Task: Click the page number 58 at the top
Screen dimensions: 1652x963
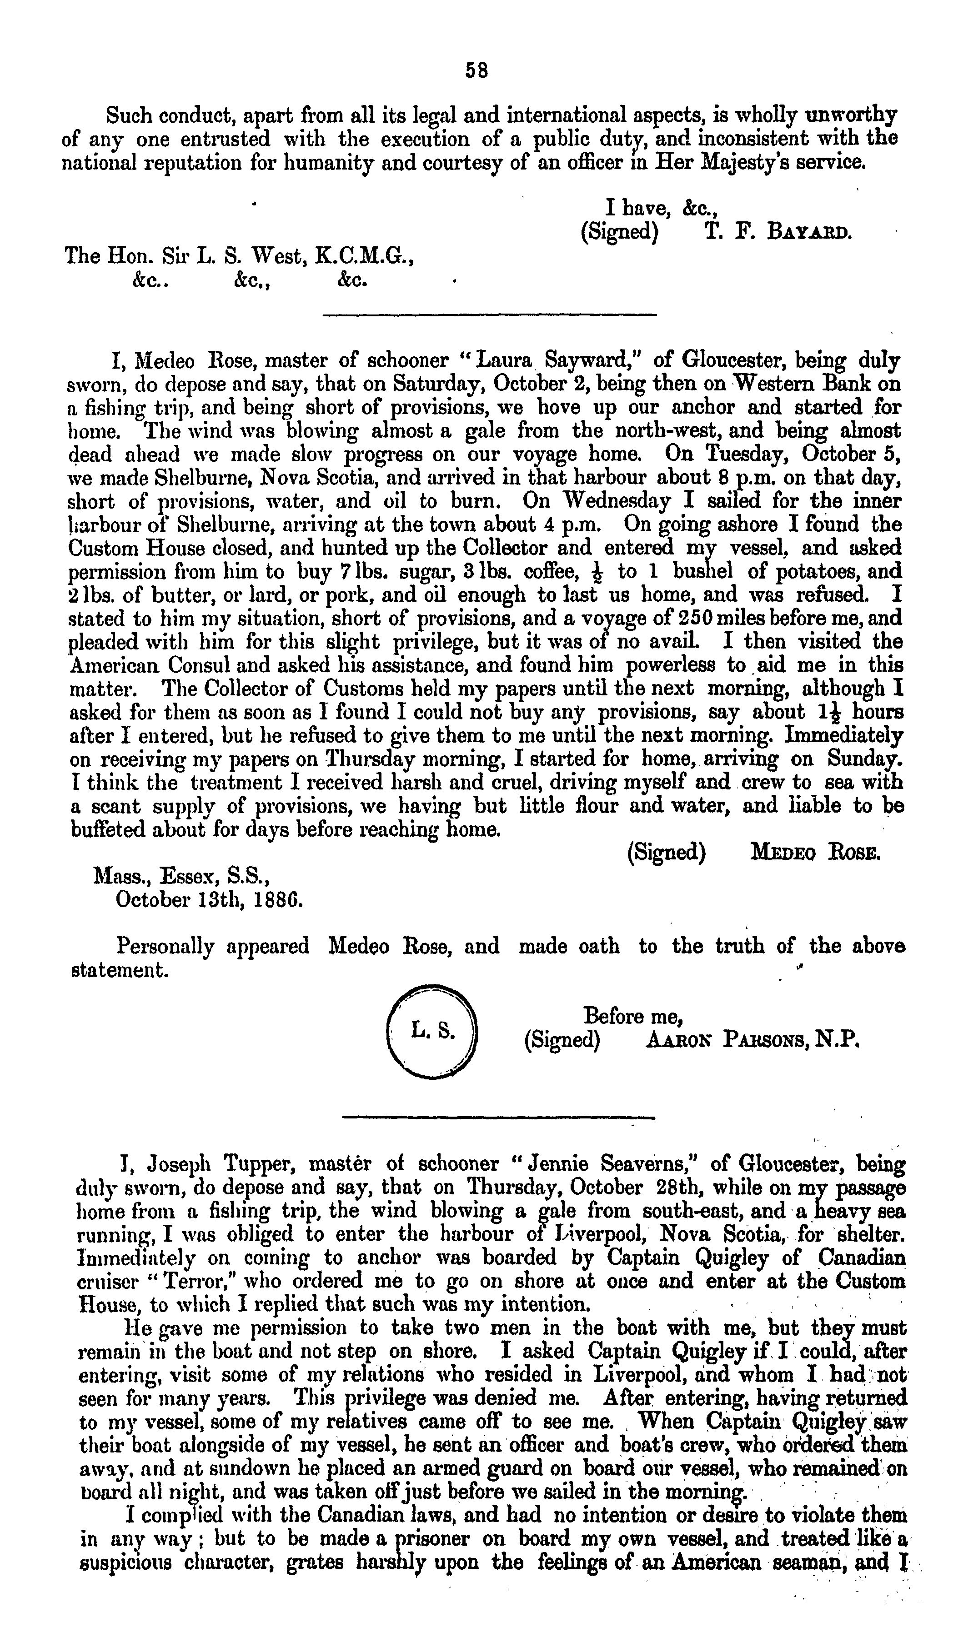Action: point(476,70)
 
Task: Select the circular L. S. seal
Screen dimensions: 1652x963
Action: point(433,1033)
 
